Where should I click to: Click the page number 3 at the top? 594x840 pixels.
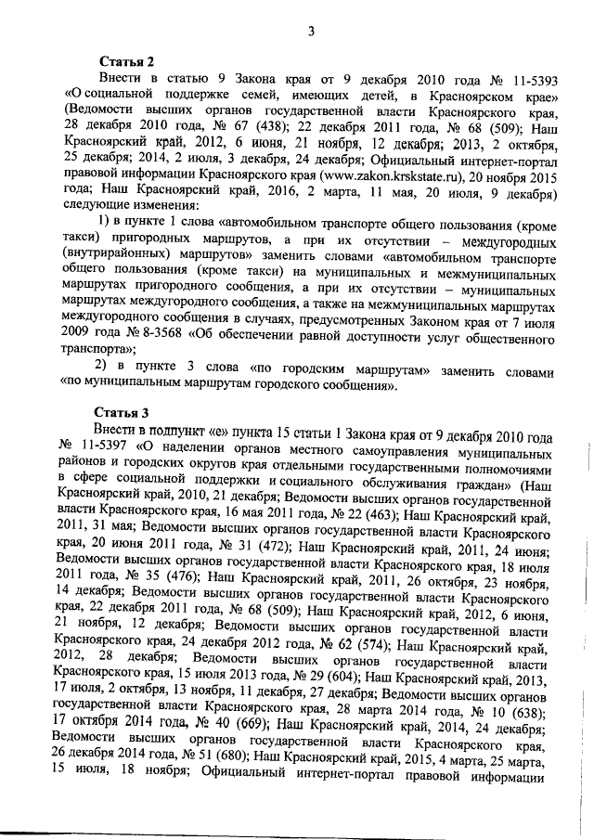click(312, 32)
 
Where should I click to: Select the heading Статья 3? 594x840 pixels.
click(122, 411)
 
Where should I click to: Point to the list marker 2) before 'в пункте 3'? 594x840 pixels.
click(107, 368)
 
